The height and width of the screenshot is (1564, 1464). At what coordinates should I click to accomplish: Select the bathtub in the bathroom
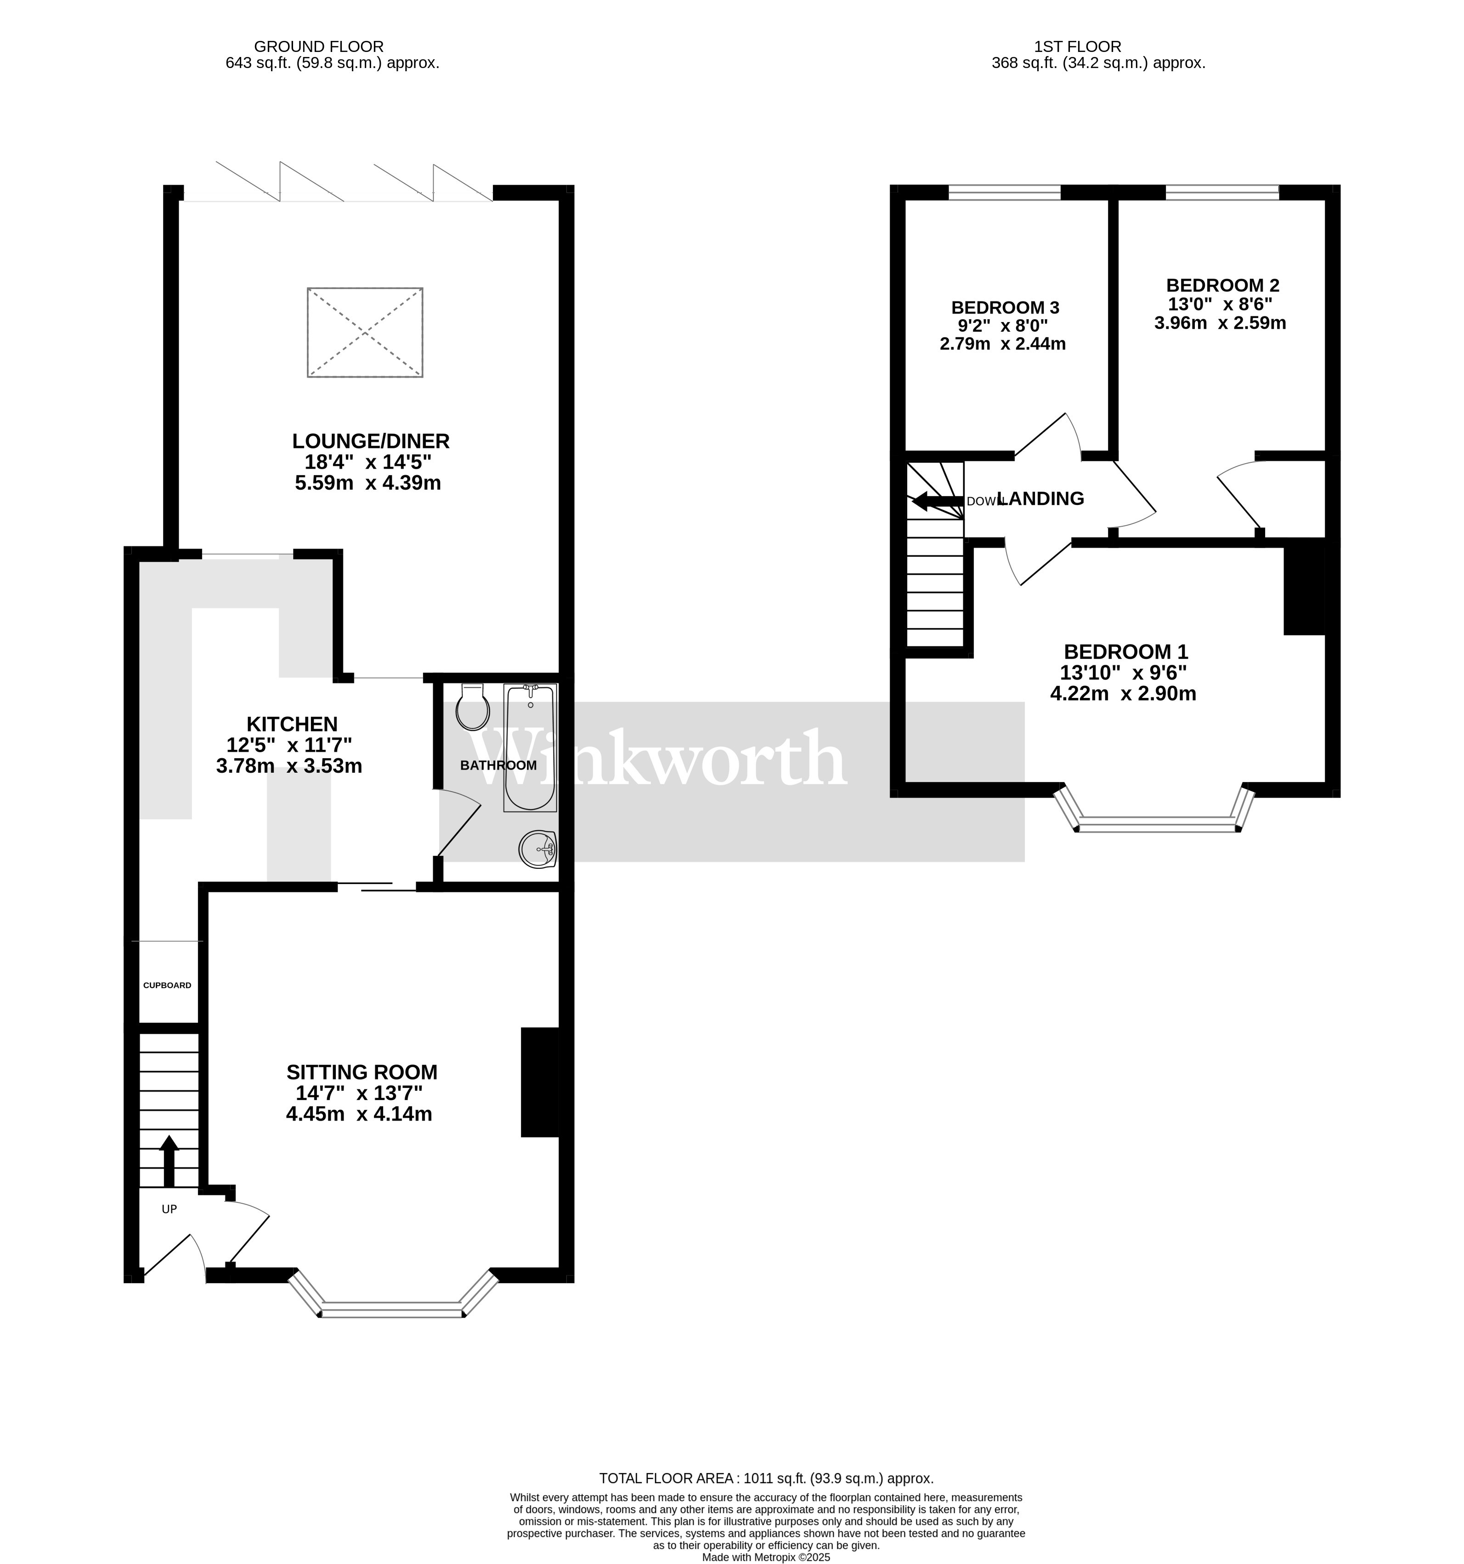coord(530,748)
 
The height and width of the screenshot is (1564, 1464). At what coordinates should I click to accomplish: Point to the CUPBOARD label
coord(167,985)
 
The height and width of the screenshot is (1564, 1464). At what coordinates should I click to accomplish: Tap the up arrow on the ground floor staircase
coord(168,1161)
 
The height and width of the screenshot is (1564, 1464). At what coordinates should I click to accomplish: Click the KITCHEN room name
coord(292,724)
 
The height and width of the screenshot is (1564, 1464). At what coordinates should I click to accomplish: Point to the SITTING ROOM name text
coord(362,1071)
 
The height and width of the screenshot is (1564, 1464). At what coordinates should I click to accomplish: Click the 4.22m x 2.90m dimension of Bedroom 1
coord(1123,693)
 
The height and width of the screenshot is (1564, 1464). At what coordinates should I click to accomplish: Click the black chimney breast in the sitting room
coord(540,1082)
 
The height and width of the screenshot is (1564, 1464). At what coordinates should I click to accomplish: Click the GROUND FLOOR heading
coord(319,46)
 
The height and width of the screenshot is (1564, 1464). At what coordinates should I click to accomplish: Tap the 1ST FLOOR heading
coord(1078,46)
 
